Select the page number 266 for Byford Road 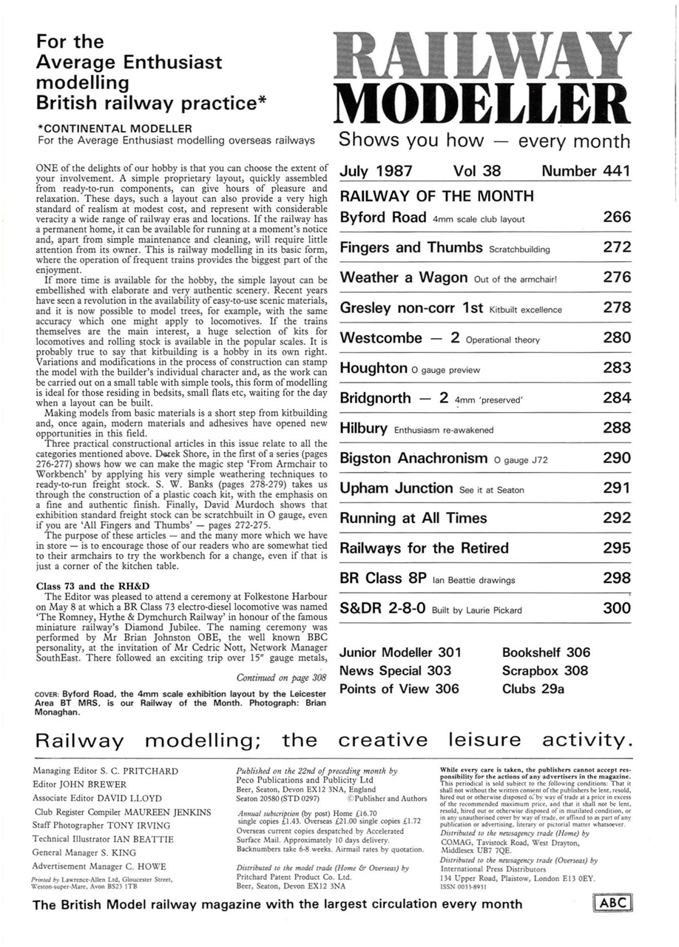pyautogui.click(x=616, y=218)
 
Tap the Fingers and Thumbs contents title pyautogui.click(x=411, y=248)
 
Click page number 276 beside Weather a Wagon pyautogui.click(x=616, y=277)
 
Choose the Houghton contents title pyautogui.click(x=373, y=368)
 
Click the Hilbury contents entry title pyautogui.click(x=363, y=428)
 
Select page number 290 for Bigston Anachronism pyautogui.click(x=616, y=459)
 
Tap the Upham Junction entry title pyautogui.click(x=396, y=488)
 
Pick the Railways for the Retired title pyautogui.click(x=424, y=548)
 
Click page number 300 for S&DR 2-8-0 pyautogui.click(x=616, y=609)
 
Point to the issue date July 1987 pyautogui.click(x=376, y=172)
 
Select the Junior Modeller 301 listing pyautogui.click(x=399, y=653)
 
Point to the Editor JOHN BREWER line pyautogui.click(x=80, y=784)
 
